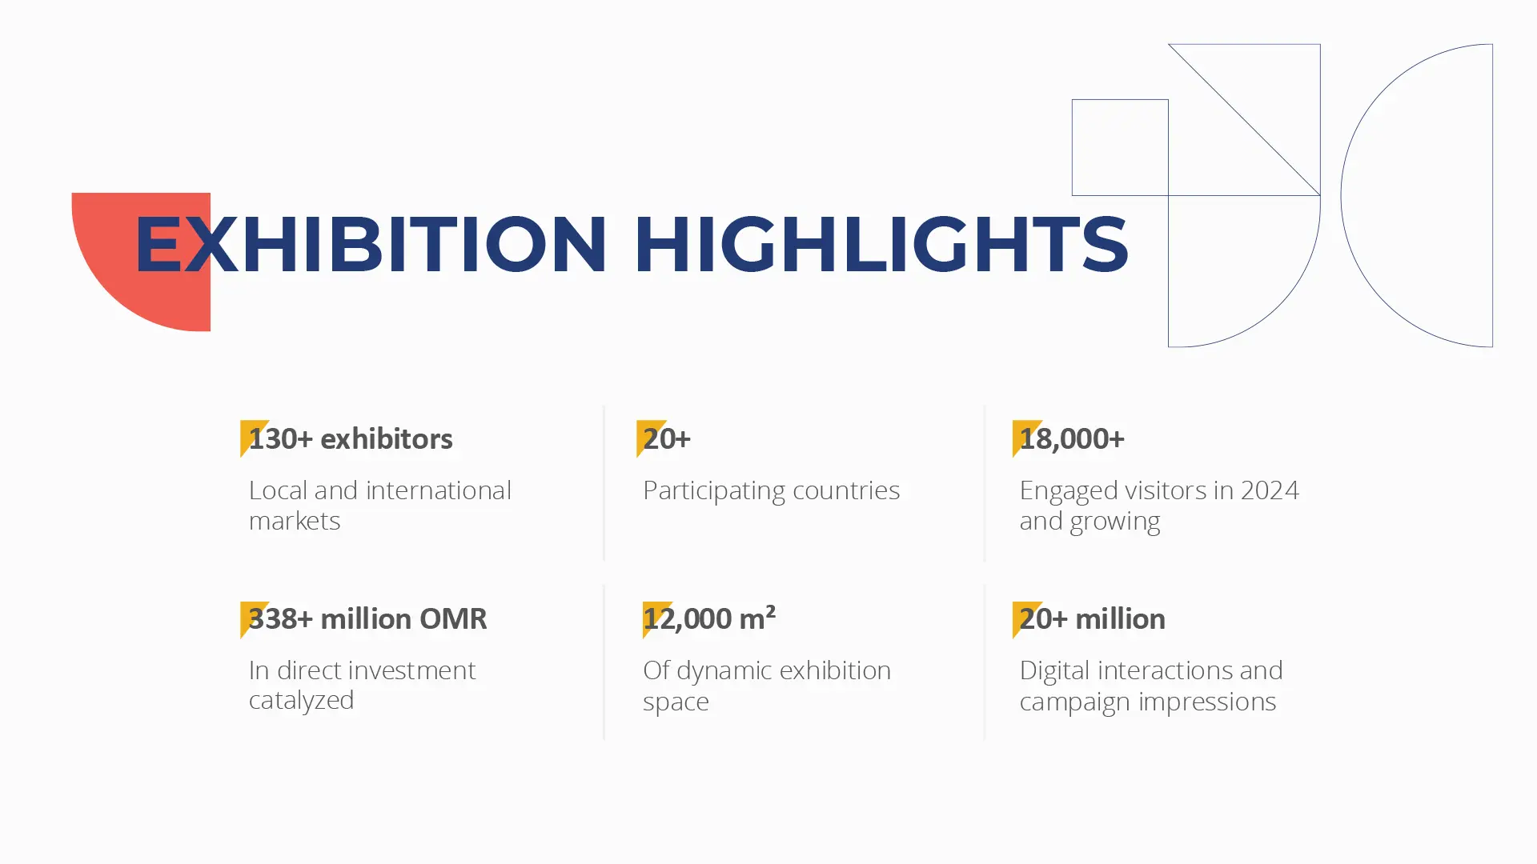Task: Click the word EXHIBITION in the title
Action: pyautogui.click(x=371, y=244)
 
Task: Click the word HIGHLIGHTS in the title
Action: pyautogui.click(x=881, y=244)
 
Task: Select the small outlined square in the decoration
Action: pyautogui.click(x=1120, y=100)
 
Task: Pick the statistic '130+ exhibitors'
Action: pyautogui.click(x=351, y=438)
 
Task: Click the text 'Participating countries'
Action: pyautogui.click(x=771, y=490)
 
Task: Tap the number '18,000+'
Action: pyautogui.click(x=1072, y=439)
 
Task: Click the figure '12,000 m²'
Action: pyautogui.click(x=709, y=618)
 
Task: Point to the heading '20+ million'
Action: pyautogui.click(x=1092, y=618)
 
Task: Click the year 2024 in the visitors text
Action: pyautogui.click(x=1270, y=490)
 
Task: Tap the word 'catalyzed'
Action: pyautogui.click(x=301, y=701)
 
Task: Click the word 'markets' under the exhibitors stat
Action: pyautogui.click(x=295, y=521)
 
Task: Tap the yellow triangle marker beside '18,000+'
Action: pyautogui.click(x=1024, y=437)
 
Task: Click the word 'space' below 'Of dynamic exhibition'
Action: pyautogui.click(x=676, y=702)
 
